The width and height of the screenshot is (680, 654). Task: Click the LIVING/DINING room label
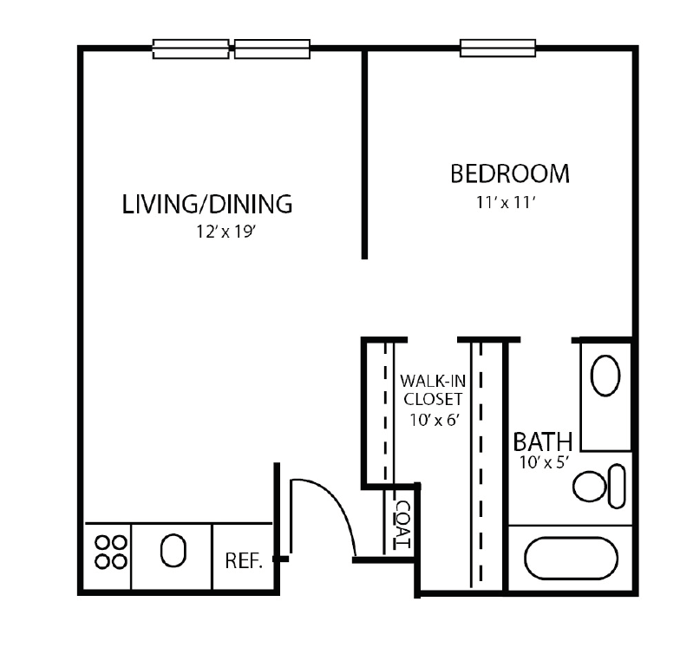207,205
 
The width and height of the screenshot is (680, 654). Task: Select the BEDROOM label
510,173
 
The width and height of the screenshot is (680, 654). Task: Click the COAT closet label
402,523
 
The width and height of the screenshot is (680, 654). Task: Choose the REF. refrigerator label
244,560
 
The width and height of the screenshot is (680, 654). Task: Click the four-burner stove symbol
111,552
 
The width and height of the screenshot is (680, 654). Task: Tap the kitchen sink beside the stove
173,551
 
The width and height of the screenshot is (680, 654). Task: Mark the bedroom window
498,49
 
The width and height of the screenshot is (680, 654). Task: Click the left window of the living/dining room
192,49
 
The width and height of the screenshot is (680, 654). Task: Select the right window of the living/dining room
272,49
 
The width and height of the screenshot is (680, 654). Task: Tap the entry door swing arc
334,503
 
